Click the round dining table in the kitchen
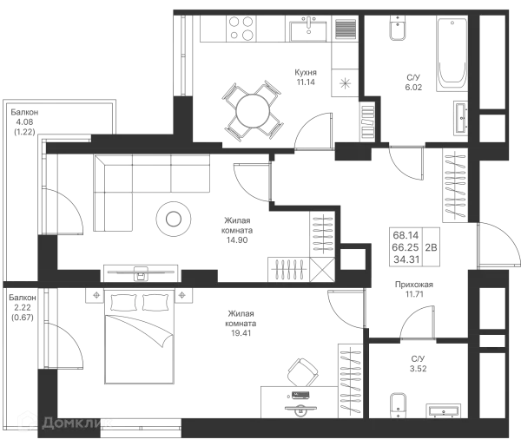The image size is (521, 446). [253, 111]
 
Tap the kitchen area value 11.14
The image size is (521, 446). [306, 82]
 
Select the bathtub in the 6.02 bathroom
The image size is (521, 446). [452, 53]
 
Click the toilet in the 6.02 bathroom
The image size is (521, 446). [398, 29]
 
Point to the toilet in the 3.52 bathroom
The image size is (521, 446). [398, 406]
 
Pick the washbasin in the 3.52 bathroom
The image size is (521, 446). [444, 411]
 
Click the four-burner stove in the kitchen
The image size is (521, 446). [241, 29]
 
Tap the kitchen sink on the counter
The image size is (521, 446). [308, 30]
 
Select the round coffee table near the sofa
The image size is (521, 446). [174, 219]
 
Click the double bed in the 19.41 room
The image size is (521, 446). [139, 336]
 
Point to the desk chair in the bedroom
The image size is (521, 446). [302, 372]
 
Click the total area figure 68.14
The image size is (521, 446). [406, 235]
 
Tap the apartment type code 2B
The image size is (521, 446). [431, 247]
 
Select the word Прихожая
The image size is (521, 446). [414, 285]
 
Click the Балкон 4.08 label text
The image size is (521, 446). [24, 117]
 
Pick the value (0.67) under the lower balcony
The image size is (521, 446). [23, 318]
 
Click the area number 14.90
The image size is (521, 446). [237, 239]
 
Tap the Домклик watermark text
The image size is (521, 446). [76, 423]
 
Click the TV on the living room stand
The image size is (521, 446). [141, 272]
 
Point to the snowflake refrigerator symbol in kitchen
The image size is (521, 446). [346, 83]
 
